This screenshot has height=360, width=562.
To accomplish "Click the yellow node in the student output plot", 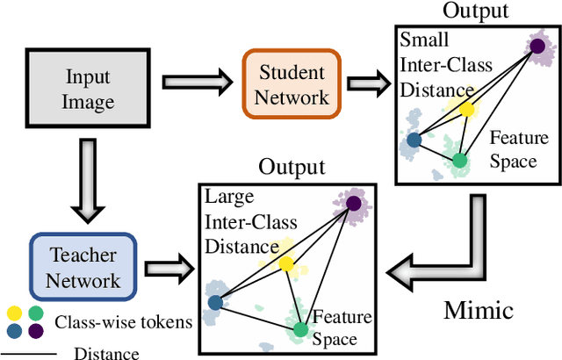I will click(467, 110).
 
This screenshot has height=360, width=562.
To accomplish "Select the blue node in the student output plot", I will click(414, 139).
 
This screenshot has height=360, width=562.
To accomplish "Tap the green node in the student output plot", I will click(459, 160).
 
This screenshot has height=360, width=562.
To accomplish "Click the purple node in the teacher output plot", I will click(353, 204).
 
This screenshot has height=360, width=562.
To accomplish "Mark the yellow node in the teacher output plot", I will click(285, 263).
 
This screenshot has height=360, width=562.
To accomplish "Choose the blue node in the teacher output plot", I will click(215, 303).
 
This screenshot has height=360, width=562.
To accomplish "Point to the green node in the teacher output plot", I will click(300, 330).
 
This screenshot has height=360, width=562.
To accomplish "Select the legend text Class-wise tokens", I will click(123, 321).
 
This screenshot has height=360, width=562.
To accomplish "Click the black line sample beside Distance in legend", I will click(29, 353).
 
